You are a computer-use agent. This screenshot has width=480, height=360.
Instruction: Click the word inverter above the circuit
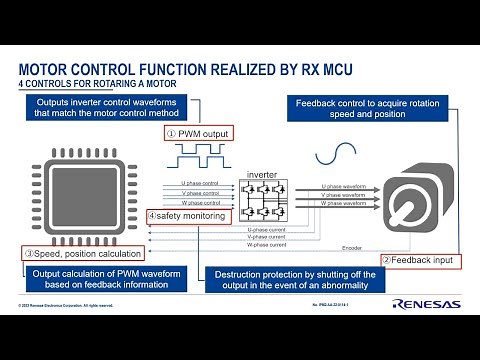pos(262,174)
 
